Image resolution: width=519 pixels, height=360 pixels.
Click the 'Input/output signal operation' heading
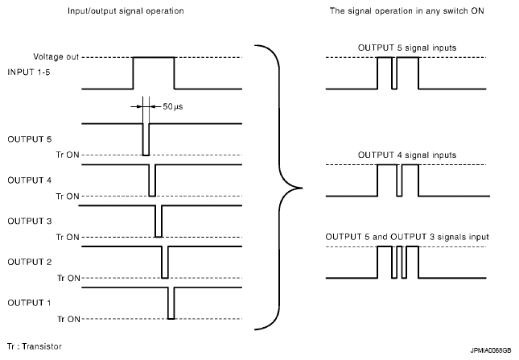click(x=126, y=11)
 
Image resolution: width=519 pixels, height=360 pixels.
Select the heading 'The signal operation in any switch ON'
click(x=407, y=11)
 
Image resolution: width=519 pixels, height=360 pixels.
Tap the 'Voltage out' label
click(x=56, y=57)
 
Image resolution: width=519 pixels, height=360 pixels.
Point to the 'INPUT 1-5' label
click(x=29, y=72)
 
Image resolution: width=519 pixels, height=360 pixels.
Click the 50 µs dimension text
click(x=173, y=106)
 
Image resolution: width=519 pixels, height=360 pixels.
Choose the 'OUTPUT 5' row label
click(x=30, y=139)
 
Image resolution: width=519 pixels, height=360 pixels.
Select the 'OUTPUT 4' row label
click(x=30, y=180)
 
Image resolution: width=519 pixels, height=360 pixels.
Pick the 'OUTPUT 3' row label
click(x=30, y=221)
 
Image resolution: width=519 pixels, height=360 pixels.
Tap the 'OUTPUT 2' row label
click(x=30, y=262)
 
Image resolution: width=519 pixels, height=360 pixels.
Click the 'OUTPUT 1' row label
click(x=29, y=303)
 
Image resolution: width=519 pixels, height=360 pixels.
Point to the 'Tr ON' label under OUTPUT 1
click(x=69, y=319)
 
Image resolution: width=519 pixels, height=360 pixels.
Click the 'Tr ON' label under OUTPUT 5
click(x=68, y=155)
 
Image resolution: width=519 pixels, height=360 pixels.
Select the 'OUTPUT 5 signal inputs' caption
click(x=407, y=48)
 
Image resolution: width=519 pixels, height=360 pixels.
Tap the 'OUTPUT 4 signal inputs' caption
click(x=407, y=155)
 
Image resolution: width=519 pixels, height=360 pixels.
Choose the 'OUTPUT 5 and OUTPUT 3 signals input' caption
click(x=407, y=237)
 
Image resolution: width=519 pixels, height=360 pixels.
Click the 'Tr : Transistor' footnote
click(x=35, y=346)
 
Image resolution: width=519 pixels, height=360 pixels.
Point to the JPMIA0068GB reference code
click(x=491, y=350)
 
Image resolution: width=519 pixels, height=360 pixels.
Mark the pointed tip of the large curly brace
click(x=302, y=188)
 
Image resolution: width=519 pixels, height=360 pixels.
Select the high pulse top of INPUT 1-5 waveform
click(x=154, y=57)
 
